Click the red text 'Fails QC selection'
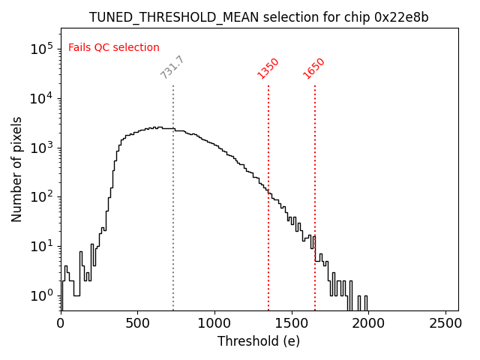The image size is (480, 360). pyautogui.click(x=114, y=48)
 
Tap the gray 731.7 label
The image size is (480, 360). pyautogui.click(x=172, y=67)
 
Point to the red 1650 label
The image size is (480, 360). pyautogui.click(x=313, y=67)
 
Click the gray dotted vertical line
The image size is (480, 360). pyautogui.click(x=173, y=225)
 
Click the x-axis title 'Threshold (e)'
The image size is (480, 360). pyautogui.click(x=259, y=341)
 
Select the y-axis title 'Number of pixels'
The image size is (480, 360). pyautogui.click(x=16, y=169)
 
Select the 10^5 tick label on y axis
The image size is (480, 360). pyautogui.click(x=40, y=49)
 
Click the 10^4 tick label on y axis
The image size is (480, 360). pyautogui.click(x=40, y=98)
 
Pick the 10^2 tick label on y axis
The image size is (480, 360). pyautogui.click(x=40, y=196)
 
